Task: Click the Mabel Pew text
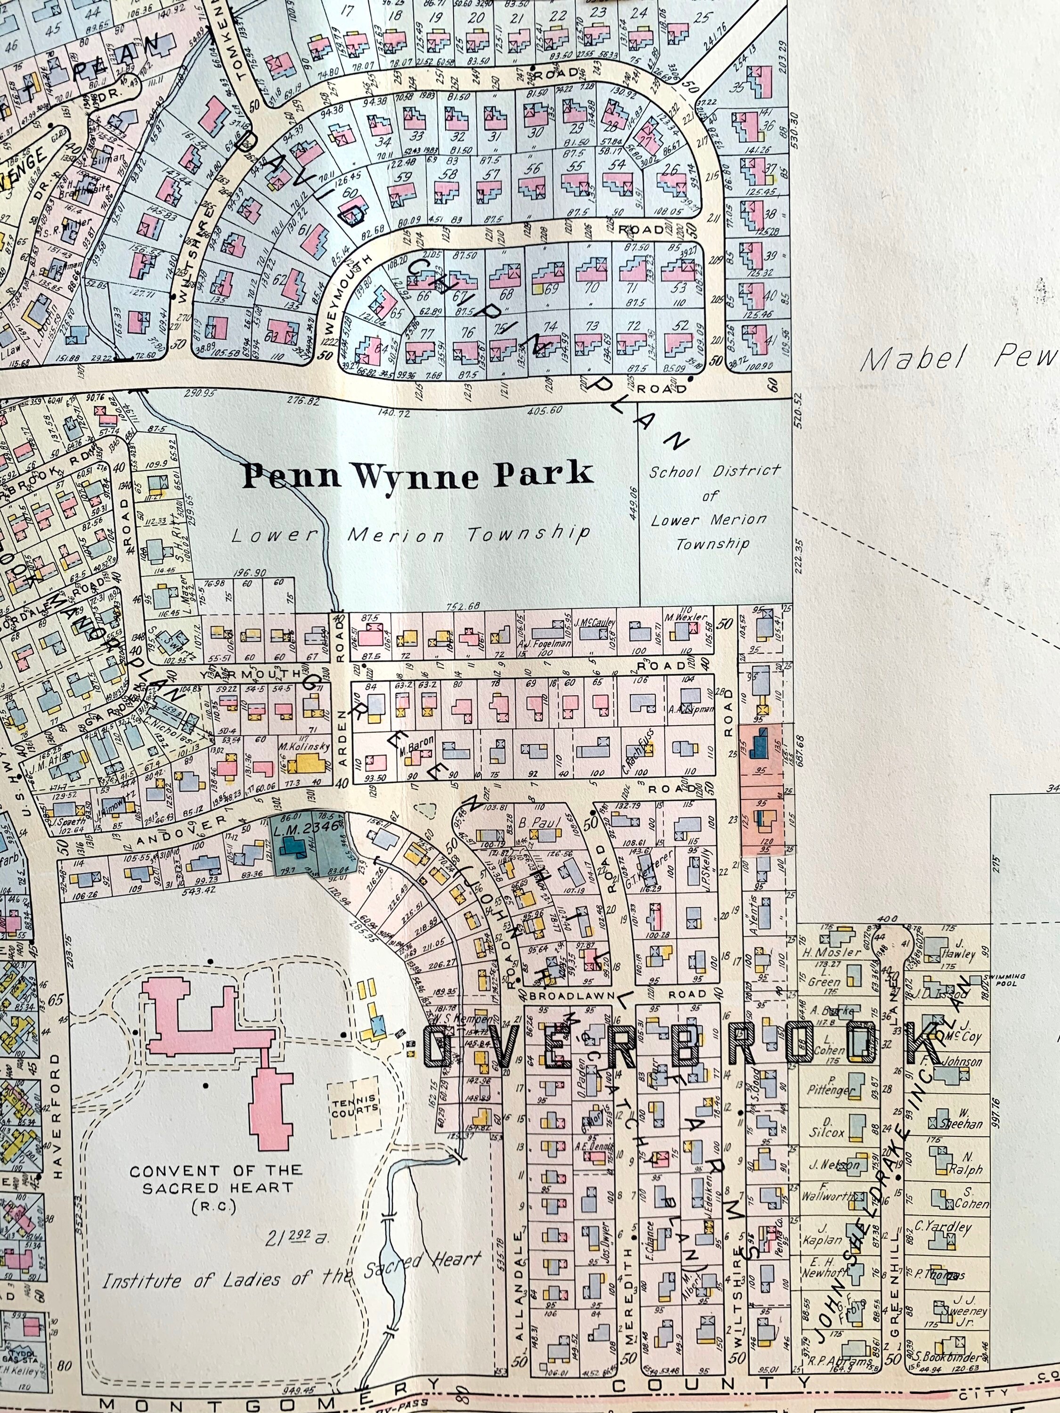tap(958, 360)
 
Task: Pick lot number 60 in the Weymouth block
tap(350, 192)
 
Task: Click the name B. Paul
tap(535, 822)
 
